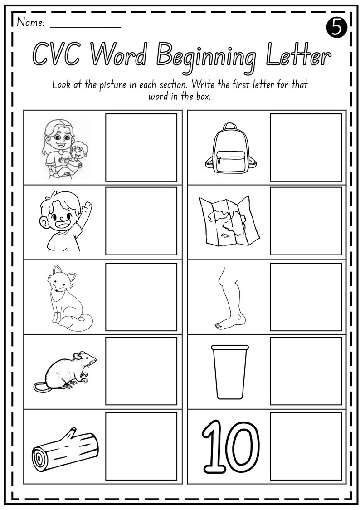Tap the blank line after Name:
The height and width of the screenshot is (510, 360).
point(85,25)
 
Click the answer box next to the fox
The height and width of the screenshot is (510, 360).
point(141,297)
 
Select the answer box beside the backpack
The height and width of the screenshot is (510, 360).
point(306,147)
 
